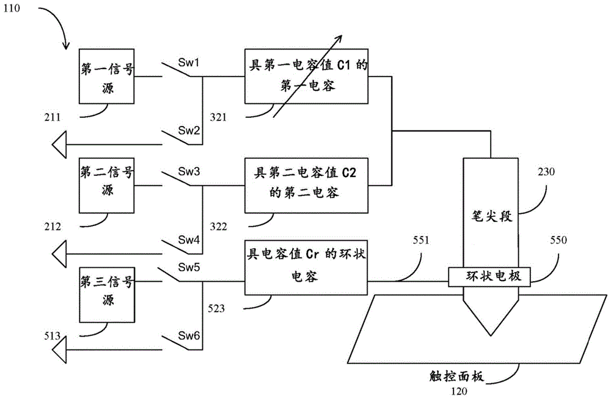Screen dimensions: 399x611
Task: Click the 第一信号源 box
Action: point(106,76)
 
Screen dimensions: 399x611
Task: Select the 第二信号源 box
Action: point(106,182)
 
